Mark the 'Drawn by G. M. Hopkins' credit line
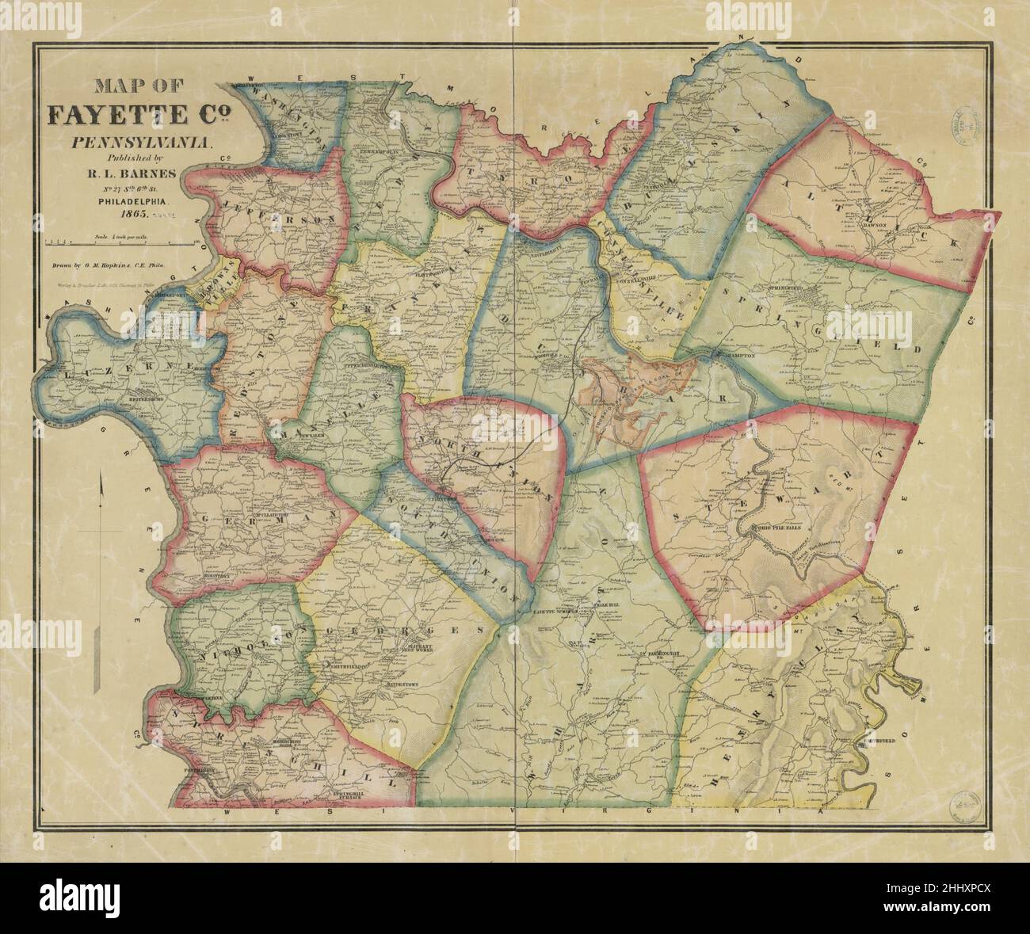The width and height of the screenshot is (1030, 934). [119, 268]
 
